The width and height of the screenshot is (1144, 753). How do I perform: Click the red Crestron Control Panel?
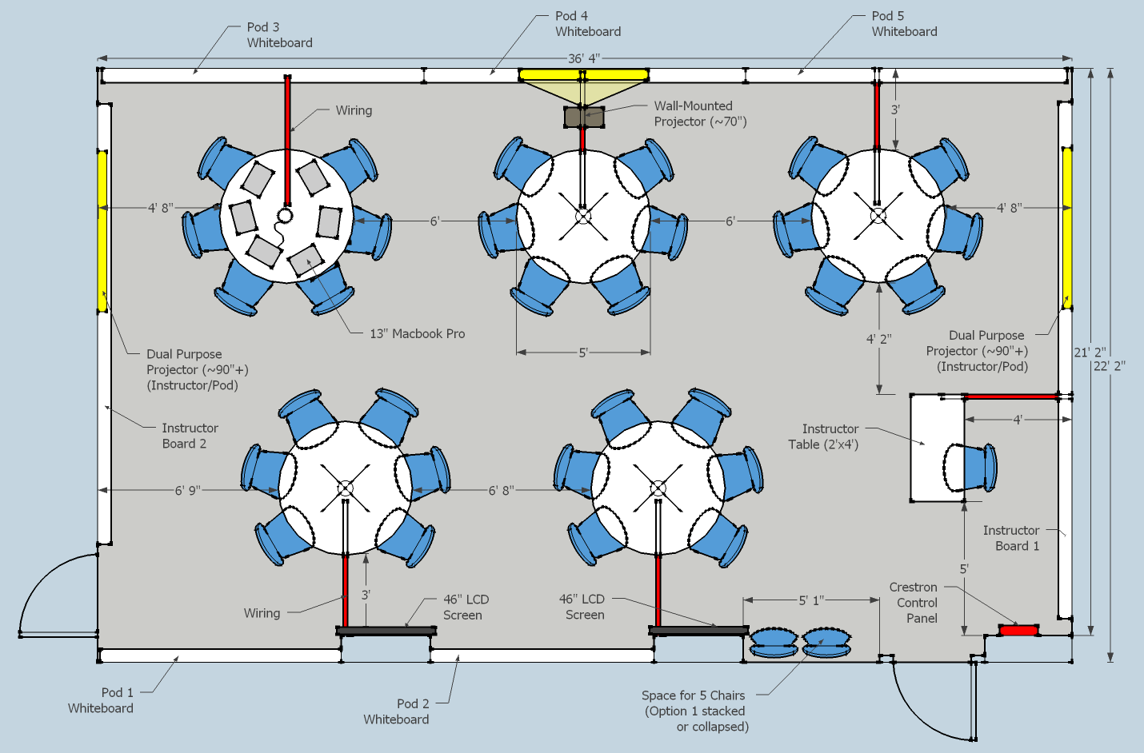1018,631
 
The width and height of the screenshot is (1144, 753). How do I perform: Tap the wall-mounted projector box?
584,118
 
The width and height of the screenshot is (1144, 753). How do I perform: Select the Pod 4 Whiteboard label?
587,24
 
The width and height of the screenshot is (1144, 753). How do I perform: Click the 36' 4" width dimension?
583,58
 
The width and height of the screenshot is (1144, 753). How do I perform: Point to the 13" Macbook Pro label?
417,333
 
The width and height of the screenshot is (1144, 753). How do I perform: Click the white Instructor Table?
928,448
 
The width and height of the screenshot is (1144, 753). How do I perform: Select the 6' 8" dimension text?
502,490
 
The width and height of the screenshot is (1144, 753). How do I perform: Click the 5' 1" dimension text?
810,600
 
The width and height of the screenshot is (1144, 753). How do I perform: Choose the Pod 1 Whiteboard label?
101,700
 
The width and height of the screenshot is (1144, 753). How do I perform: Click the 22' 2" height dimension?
1110,366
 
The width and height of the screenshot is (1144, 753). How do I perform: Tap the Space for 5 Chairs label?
694,711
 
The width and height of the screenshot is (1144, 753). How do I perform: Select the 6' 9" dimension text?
188,490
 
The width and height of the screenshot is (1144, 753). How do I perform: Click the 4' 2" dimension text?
878,339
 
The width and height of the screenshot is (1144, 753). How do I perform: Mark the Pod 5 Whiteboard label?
903,24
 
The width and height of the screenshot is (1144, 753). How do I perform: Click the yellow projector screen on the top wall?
583,75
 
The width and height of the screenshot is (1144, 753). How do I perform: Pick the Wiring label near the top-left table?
354,110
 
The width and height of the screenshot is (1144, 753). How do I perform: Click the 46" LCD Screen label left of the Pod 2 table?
466,607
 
